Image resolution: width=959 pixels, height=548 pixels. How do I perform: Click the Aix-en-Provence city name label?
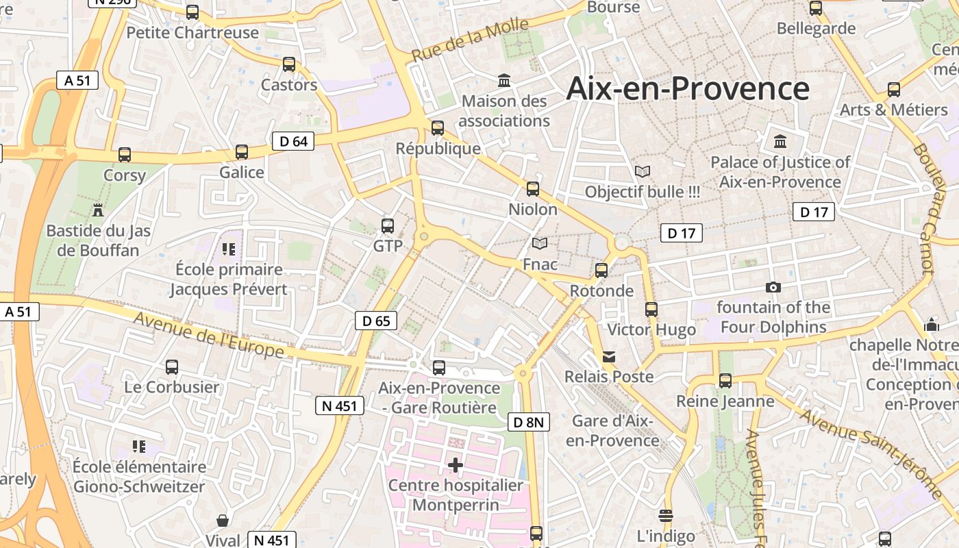(688, 89)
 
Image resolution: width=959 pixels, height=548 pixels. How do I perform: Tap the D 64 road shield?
(293, 141)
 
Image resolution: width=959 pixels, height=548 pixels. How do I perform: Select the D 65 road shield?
(376, 320)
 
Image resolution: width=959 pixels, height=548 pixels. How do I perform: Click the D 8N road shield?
(529, 422)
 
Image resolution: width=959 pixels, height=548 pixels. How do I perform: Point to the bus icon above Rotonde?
(601, 271)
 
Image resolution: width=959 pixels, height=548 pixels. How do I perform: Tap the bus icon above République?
(438, 128)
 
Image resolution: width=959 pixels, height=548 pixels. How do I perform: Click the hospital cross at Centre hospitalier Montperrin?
(456, 466)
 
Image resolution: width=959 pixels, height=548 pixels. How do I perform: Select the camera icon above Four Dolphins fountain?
(773, 287)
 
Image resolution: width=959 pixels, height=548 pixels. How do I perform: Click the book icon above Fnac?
(540, 243)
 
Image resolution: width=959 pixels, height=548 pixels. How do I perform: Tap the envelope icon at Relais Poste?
(609, 357)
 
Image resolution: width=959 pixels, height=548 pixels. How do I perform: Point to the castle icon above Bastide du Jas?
(98, 210)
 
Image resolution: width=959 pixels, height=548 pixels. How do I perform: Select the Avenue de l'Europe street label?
(208, 334)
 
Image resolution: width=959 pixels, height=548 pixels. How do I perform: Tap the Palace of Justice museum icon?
(780, 142)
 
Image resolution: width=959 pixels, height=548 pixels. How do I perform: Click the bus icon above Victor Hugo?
(651, 310)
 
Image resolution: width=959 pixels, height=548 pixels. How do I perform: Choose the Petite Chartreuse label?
(192, 32)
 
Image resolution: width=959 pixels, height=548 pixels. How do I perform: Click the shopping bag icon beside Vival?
(223, 521)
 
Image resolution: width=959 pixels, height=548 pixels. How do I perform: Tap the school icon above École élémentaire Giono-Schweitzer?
(139, 447)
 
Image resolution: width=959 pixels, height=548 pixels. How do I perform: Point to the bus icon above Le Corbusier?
(172, 367)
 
